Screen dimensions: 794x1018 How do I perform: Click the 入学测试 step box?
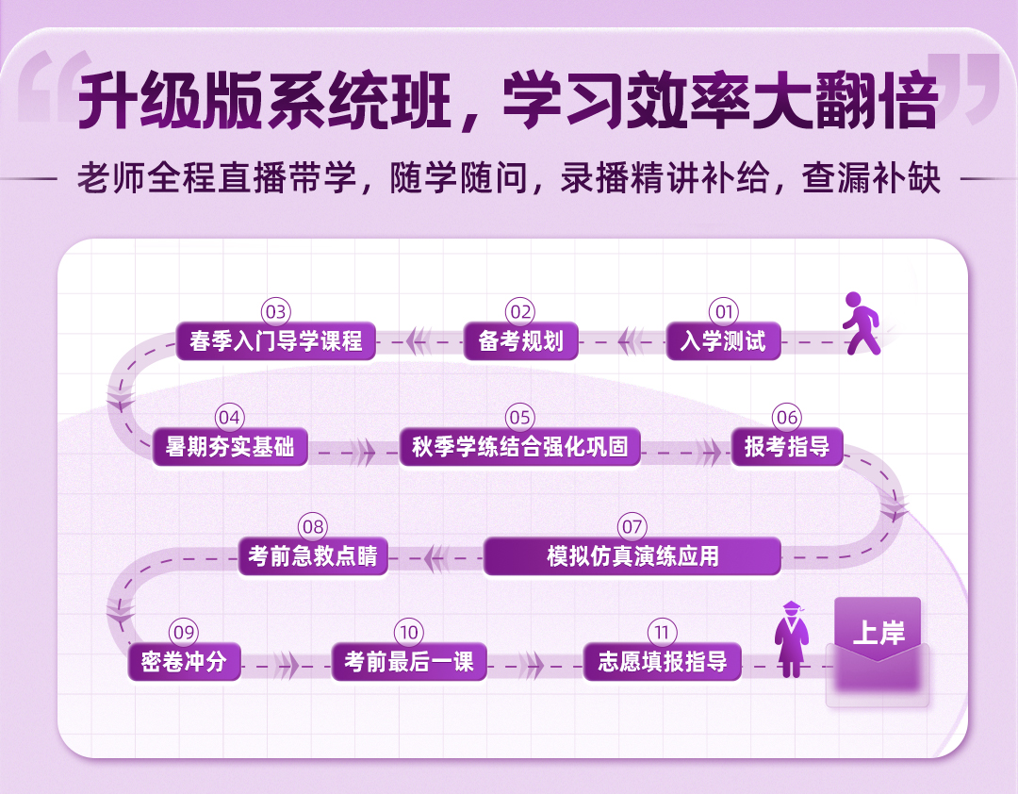coord(724,341)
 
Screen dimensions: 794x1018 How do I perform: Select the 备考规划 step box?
coord(520,341)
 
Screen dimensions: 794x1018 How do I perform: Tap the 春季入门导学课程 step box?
coord(276,341)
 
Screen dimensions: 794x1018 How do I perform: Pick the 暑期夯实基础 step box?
coord(230,447)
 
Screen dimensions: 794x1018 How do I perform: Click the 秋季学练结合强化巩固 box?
coord(519,447)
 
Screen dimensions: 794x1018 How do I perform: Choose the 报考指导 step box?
coord(787,447)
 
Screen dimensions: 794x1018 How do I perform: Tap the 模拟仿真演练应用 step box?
coord(632,556)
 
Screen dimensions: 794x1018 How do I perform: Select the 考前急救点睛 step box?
coord(313,556)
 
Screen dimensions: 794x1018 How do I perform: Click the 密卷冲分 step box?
coord(184,662)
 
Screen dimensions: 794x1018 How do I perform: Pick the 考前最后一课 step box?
coord(409,662)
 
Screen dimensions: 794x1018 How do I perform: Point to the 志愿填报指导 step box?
coord(662,662)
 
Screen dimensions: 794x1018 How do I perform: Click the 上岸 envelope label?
coord(878,634)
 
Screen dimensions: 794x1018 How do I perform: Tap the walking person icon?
coord(860,323)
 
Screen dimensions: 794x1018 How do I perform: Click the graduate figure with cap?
coord(791,640)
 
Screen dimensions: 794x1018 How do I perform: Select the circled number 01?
coord(723,312)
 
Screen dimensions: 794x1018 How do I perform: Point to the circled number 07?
coord(632,527)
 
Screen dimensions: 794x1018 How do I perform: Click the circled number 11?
coord(662,633)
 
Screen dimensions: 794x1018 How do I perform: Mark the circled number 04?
coord(230,418)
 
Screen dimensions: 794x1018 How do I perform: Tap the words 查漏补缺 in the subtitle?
coord(871,178)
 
